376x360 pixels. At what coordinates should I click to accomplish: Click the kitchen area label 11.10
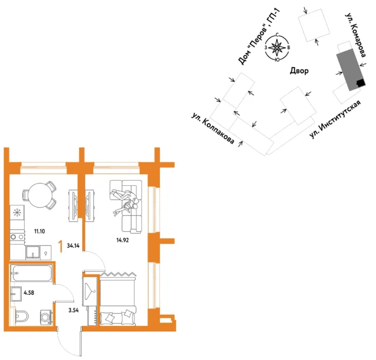click(x=39, y=232)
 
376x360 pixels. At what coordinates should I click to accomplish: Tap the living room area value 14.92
click(x=123, y=240)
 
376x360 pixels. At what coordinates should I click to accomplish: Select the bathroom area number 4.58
click(x=29, y=292)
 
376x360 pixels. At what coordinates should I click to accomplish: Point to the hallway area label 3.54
click(x=73, y=310)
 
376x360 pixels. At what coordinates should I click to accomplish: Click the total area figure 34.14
click(x=73, y=246)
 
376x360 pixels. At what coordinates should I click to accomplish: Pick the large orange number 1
click(x=61, y=246)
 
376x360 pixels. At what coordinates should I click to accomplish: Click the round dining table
click(x=40, y=195)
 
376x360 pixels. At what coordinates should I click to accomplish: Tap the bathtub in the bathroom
click(x=31, y=273)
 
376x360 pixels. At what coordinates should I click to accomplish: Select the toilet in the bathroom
click(x=22, y=315)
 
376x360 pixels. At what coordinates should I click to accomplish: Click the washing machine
click(x=46, y=317)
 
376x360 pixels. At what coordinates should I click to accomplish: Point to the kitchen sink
click(x=33, y=252)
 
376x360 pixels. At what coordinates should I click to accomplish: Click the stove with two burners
click(x=17, y=237)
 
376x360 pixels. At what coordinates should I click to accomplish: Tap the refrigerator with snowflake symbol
click(x=17, y=212)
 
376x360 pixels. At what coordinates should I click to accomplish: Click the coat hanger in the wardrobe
click(x=90, y=291)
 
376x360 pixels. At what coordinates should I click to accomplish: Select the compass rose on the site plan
click(x=277, y=47)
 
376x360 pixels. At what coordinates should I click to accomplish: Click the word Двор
click(x=299, y=71)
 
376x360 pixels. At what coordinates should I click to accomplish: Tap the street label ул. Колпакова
click(x=213, y=128)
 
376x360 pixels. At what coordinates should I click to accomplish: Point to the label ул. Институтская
click(x=335, y=119)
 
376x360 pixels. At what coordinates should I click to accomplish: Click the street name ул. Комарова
click(x=355, y=35)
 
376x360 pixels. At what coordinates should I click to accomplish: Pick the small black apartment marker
click(x=361, y=83)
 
